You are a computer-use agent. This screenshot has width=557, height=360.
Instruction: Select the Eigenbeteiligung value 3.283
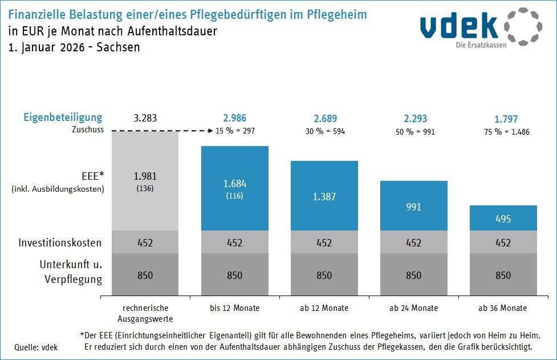(145, 119)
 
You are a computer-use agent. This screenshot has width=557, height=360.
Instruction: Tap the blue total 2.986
(234, 119)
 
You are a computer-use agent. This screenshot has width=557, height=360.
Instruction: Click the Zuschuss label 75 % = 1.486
(503, 131)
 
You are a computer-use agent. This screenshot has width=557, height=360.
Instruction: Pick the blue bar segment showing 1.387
(324, 196)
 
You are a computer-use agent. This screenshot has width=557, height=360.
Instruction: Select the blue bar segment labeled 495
(503, 218)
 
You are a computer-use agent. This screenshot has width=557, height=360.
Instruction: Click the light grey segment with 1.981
(145, 181)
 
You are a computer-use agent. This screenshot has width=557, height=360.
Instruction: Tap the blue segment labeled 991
(413, 206)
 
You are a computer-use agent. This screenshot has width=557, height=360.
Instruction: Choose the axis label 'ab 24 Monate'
(413, 308)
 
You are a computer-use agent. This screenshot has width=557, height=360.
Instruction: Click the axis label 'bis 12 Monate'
(234, 308)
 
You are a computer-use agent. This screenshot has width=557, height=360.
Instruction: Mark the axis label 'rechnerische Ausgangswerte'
(145, 313)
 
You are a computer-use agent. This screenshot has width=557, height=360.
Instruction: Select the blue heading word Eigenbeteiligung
(63, 118)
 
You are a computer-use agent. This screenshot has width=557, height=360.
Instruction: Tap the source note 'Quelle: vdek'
(36, 347)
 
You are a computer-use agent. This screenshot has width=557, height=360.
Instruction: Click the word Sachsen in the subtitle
(118, 47)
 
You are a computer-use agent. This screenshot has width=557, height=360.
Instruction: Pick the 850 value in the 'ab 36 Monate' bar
(503, 276)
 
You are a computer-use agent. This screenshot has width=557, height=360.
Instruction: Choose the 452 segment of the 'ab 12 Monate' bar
(324, 242)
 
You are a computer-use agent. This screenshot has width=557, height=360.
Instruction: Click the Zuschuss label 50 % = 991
(413, 131)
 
